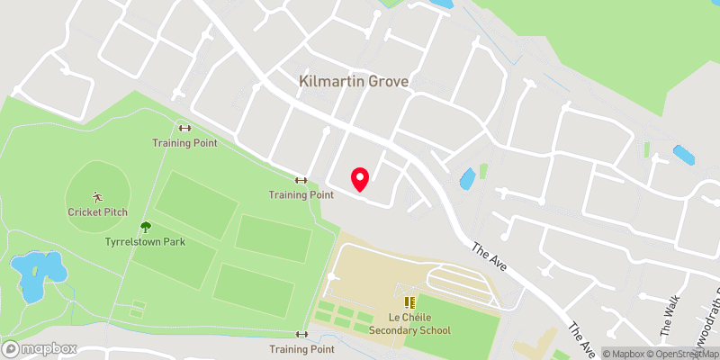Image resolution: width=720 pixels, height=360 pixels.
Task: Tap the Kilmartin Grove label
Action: click(x=354, y=82)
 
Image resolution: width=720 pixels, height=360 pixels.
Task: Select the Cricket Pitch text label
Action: click(x=97, y=212)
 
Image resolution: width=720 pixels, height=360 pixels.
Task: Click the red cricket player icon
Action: click(x=97, y=196)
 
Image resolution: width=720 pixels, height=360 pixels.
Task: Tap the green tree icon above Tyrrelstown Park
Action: click(x=145, y=229)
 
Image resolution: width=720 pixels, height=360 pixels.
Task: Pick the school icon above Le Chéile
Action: click(x=410, y=302)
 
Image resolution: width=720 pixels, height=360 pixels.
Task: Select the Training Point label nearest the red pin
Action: click(x=301, y=194)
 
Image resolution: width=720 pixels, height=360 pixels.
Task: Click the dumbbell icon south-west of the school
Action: click(x=301, y=335)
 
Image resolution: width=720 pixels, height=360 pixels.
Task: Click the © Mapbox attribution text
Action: click(x=622, y=354)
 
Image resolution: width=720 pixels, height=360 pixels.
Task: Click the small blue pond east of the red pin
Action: click(x=467, y=179)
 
